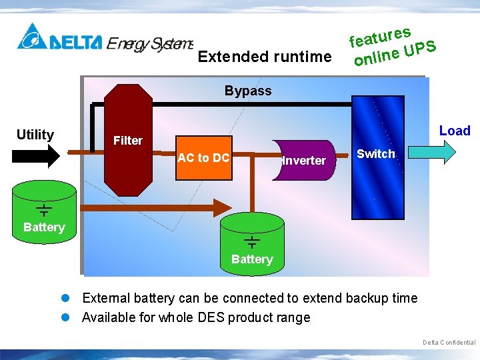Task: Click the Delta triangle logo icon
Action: (31, 37)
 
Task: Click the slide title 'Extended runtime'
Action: (265, 57)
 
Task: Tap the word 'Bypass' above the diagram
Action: (248, 91)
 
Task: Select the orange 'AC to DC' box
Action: (204, 159)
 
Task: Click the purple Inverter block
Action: (303, 160)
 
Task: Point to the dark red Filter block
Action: (128, 140)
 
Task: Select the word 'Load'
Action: (455, 131)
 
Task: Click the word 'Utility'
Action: (35, 135)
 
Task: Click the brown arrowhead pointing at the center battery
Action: (221, 206)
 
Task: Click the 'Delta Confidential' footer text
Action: (449, 343)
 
